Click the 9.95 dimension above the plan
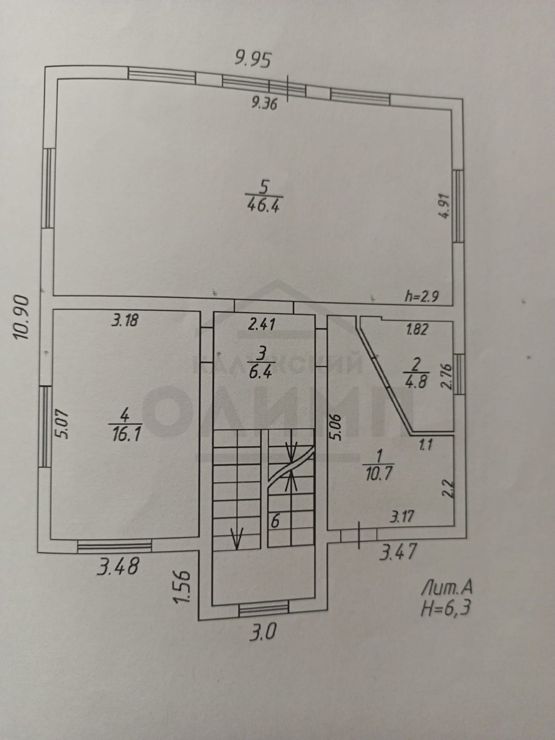[x=253, y=61]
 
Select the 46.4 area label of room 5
[x=263, y=204]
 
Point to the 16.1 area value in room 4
[x=125, y=435]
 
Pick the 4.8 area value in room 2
[x=416, y=382]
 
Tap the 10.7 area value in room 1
[x=378, y=475]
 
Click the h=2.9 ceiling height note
[x=421, y=296]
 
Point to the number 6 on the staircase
[x=275, y=522]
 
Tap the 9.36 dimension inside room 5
[x=264, y=103]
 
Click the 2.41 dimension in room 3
[x=261, y=324]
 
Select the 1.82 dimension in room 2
[x=417, y=329]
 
